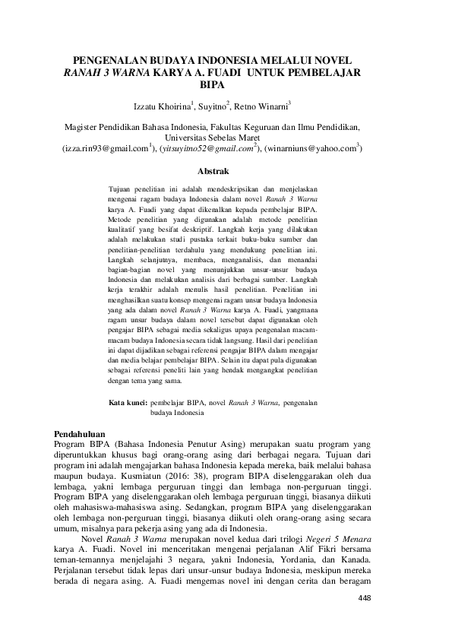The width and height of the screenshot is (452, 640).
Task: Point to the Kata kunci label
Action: [128, 402]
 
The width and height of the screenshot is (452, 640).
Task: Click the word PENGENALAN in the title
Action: [115, 59]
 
